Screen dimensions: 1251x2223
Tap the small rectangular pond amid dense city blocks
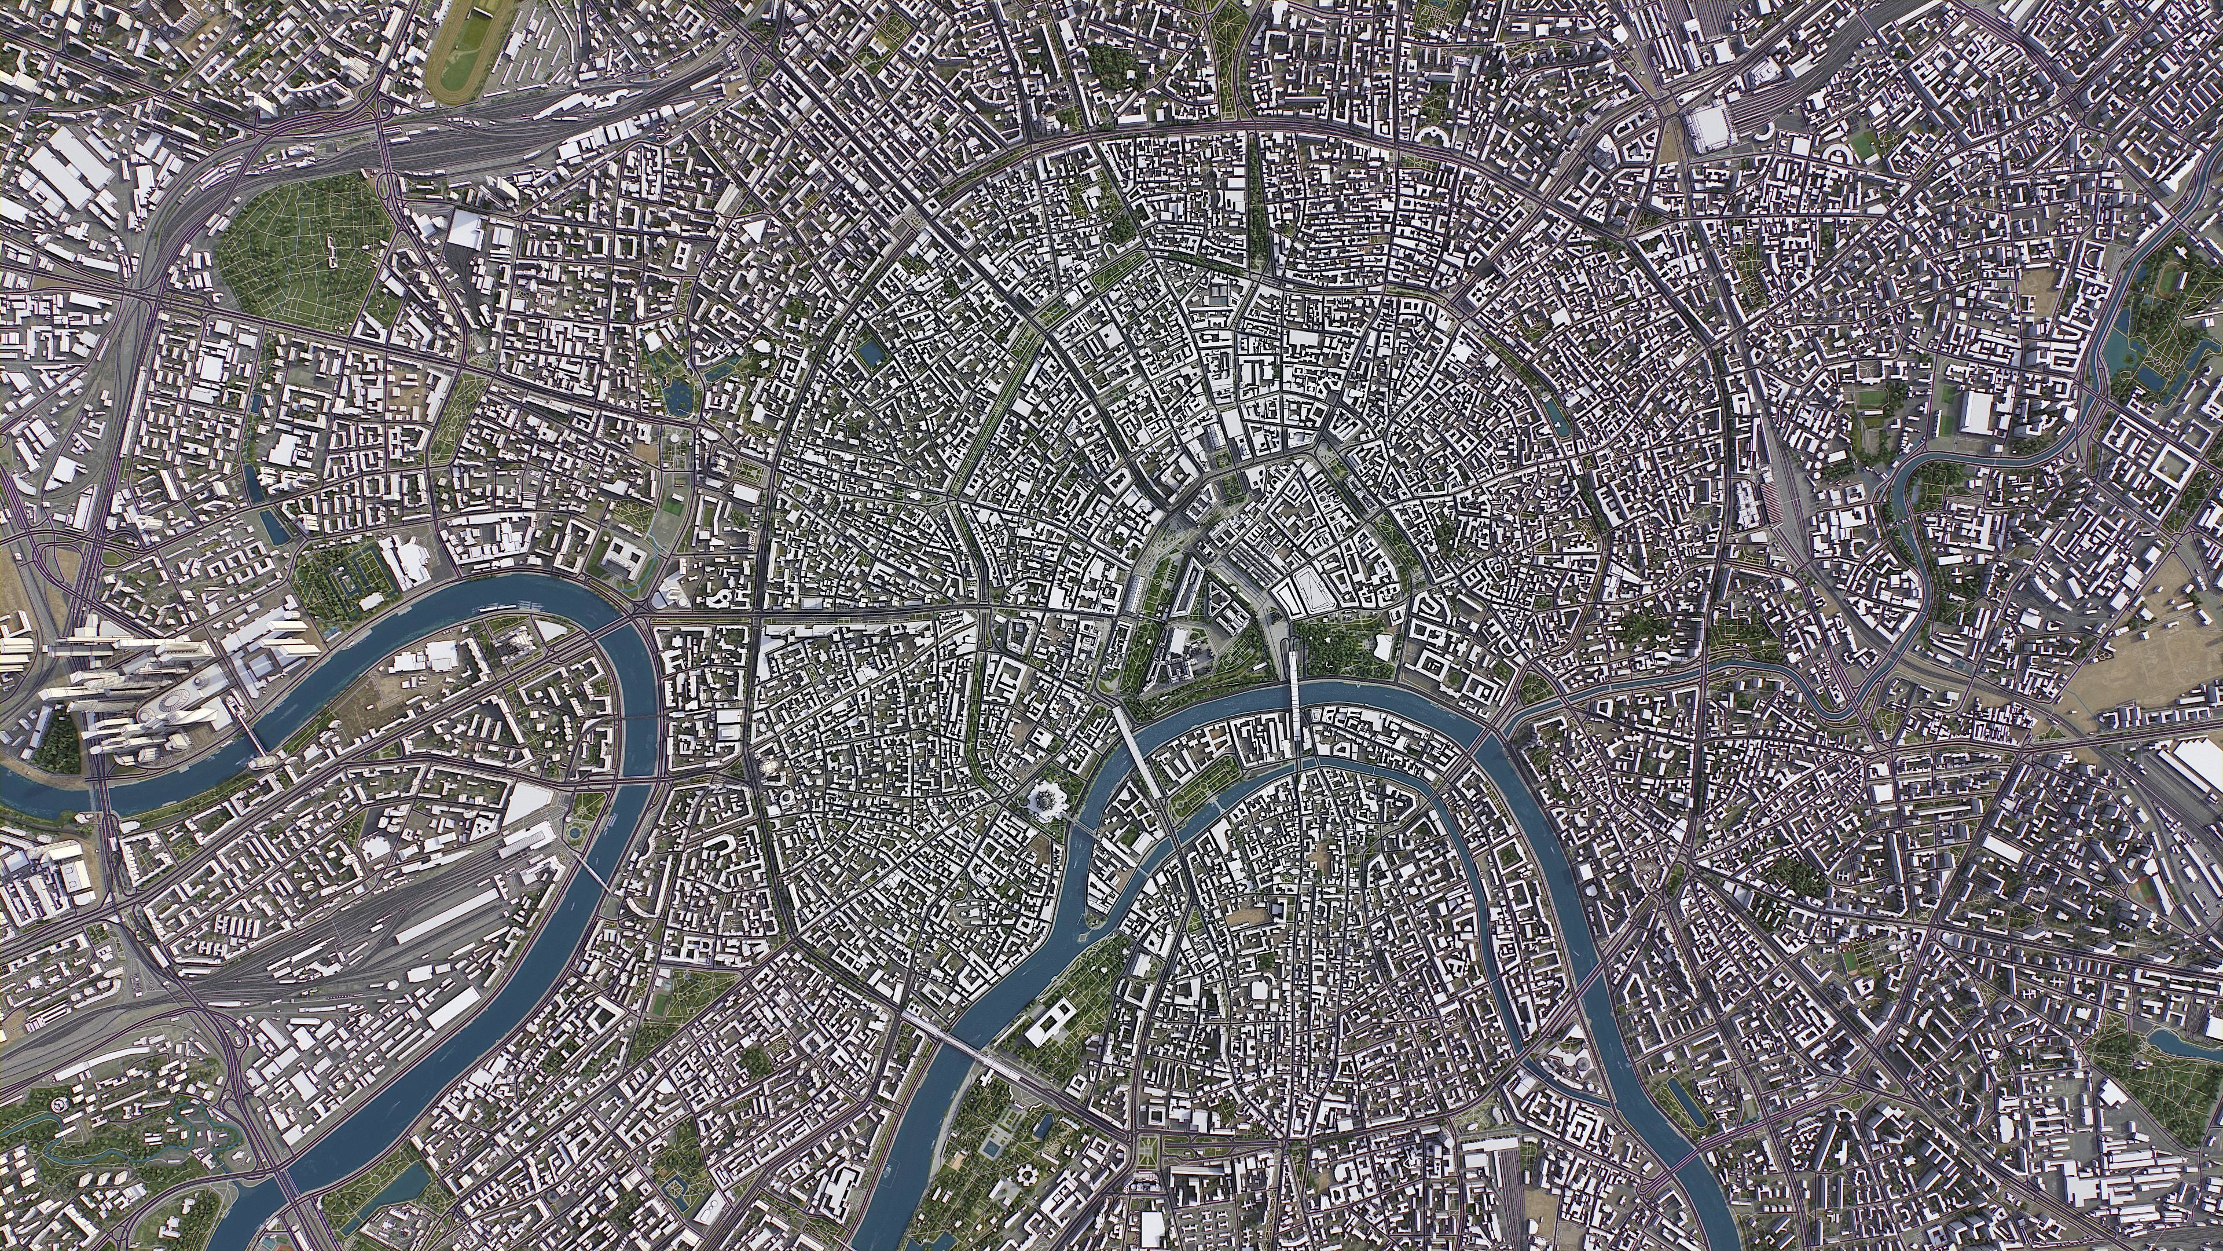pos(870,352)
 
